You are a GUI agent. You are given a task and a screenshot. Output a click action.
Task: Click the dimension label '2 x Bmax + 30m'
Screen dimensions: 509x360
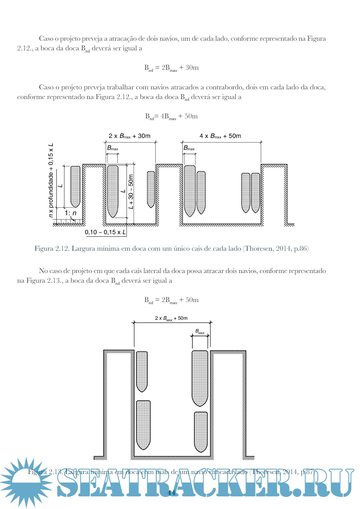[129, 136]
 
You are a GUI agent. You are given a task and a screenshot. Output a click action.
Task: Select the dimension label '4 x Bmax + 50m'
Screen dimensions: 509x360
[220, 136]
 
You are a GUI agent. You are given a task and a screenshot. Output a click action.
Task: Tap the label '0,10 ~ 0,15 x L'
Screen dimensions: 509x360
[105, 232]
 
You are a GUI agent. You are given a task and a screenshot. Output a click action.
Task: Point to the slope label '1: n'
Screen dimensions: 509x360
[71, 213]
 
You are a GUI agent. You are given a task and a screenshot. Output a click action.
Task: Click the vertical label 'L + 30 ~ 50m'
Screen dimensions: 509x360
[131, 192]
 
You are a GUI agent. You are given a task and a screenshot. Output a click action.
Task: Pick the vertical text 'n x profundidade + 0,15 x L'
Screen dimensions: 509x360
[51, 180]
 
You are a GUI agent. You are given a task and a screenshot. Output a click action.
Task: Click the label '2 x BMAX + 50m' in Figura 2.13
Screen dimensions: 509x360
[171, 318]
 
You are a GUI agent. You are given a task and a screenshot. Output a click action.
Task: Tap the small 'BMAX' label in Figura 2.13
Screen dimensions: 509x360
[200, 332]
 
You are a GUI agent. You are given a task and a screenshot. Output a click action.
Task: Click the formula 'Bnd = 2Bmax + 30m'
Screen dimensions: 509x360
[171, 68]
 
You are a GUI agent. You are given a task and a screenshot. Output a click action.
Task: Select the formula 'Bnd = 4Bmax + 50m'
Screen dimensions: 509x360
[171, 116]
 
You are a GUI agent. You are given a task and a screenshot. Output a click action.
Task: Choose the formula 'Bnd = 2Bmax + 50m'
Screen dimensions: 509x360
[171, 300]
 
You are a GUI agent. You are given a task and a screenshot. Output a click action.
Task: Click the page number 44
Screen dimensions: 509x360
[171, 493]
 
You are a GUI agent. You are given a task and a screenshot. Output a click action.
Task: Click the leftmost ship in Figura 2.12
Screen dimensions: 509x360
[75, 186]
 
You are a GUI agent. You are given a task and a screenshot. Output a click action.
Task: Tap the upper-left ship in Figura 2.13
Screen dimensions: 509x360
[142, 371]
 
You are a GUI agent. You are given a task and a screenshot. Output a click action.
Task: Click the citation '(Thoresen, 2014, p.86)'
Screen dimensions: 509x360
[276, 249]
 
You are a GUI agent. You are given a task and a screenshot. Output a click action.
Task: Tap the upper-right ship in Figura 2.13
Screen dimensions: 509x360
[200, 378]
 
